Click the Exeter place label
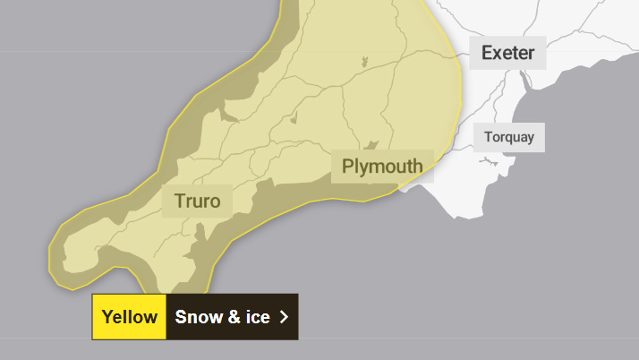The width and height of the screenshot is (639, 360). click(x=507, y=53)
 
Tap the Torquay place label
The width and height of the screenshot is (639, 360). click(x=508, y=137)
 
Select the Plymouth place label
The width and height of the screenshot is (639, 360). click(x=382, y=167)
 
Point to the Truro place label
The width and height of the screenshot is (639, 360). click(x=197, y=201)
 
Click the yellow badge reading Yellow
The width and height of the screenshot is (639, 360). click(x=129, y=317)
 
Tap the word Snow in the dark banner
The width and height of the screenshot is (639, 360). click(x=196, y=317)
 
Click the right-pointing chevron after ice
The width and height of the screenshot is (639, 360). click(x=284, y=317)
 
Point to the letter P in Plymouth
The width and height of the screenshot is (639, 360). click(x=348, y=167)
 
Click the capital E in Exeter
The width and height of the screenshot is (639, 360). click(x=487, y=53)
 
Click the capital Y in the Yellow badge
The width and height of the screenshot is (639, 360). click(x=107, y=317)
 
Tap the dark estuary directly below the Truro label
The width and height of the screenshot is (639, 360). click(x=200, y=235)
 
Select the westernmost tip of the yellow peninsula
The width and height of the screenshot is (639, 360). click(x=50, y=261)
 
